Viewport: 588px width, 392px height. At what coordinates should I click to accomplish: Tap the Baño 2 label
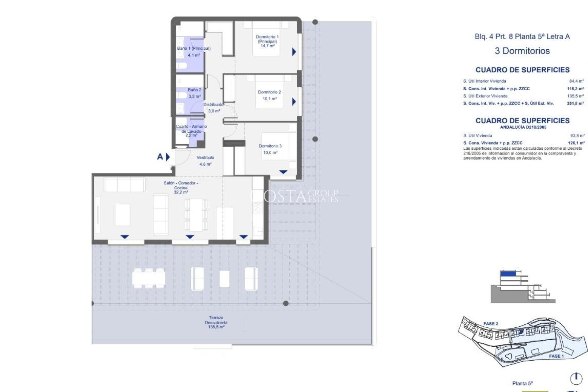[x=194, y=90]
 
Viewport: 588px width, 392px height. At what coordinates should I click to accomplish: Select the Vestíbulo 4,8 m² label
[x=205, y=160]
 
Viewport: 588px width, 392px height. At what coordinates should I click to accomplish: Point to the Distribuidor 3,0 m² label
[x=214, y=107]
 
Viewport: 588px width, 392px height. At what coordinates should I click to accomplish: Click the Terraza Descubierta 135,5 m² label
[x=216, y=322]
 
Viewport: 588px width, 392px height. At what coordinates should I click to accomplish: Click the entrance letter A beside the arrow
[x=160, y=157]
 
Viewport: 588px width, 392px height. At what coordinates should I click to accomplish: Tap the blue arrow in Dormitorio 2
[x=294, y=101]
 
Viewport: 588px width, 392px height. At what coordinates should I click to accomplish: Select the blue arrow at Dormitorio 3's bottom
[x=283, y=172]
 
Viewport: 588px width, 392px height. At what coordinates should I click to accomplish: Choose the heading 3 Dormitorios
[x=522, y=51]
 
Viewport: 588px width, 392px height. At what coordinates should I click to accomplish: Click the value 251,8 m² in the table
[x=575, y=104]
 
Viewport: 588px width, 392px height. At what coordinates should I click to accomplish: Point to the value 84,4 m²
[x=576, y=81]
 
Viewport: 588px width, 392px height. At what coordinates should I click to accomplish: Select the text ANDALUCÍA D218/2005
[x=523, y=127]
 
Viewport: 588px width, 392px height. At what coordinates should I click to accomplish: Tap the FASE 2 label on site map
[x=491, y=324]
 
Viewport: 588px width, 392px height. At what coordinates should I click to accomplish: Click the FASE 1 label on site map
[x=556, y=356]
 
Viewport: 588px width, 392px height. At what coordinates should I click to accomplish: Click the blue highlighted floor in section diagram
[x=507, y=273]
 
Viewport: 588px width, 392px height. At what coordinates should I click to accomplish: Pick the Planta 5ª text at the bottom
[x=522, y=383]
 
